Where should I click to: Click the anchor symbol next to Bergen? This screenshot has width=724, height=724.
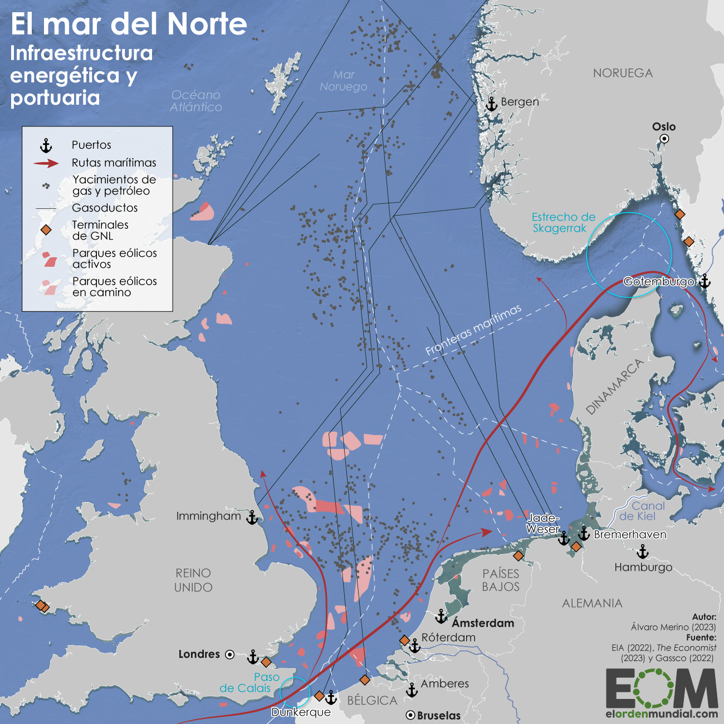[491, 104]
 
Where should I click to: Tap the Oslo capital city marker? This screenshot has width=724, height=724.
[664, 139]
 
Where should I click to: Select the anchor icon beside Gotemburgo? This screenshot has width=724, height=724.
[705, 281]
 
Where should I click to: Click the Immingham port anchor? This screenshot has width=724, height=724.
[252, 517]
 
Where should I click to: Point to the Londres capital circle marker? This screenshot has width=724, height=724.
[229, 655]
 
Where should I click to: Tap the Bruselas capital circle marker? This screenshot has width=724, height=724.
[410, 715]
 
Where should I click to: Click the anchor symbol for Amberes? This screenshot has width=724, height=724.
[412, 690]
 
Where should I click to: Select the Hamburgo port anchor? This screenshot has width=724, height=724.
[643, 552]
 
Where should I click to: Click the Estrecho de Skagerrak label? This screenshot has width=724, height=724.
[563, 223]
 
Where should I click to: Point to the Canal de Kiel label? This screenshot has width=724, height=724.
[642, 511]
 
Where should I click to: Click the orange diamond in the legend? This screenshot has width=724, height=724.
[46, 230]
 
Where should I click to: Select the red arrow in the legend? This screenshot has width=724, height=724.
[46, 163]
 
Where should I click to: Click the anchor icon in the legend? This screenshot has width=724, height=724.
[46, 146]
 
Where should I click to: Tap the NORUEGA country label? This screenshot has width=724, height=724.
[623, 73]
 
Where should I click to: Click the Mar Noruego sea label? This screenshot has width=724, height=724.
[344, 81]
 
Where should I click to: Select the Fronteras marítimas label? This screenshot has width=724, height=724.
[473, 330]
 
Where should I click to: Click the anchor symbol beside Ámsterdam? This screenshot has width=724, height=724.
[441, 617]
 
